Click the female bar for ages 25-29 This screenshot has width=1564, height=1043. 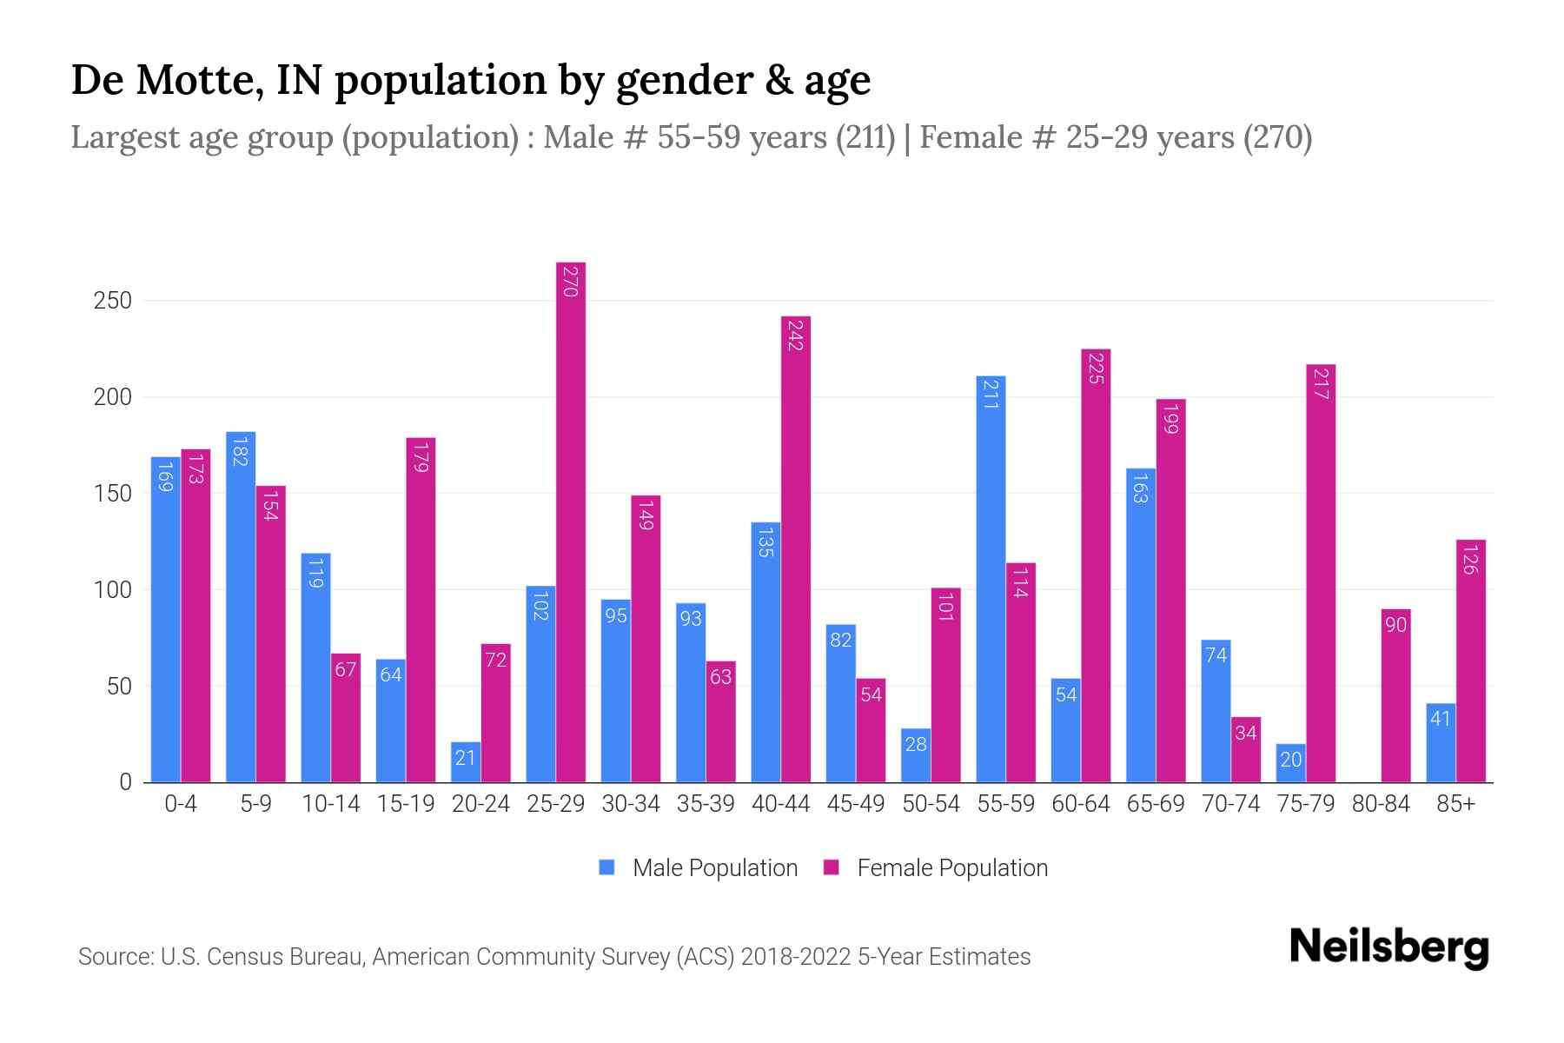(571, 521)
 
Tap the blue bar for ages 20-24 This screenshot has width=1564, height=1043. (466, 761)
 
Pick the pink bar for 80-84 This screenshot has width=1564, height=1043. (1395, 695)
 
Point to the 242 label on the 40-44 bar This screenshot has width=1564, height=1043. (795, 335)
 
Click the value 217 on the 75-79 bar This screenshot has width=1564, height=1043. (1320, 383)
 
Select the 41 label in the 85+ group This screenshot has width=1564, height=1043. (1441, 719)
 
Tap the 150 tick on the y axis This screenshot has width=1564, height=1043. (113, 494)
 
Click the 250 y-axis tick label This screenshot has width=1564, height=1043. (113, 301)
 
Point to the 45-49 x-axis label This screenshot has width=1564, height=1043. (856, 804)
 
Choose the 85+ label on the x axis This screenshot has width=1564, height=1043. (1455, 804)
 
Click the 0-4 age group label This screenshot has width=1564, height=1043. (181, 804)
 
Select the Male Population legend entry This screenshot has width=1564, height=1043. (714, 868)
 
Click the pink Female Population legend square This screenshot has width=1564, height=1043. (832, 867)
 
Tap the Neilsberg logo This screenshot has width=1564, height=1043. (1388, 947)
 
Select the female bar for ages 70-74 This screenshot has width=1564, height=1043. (1245, 749)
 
